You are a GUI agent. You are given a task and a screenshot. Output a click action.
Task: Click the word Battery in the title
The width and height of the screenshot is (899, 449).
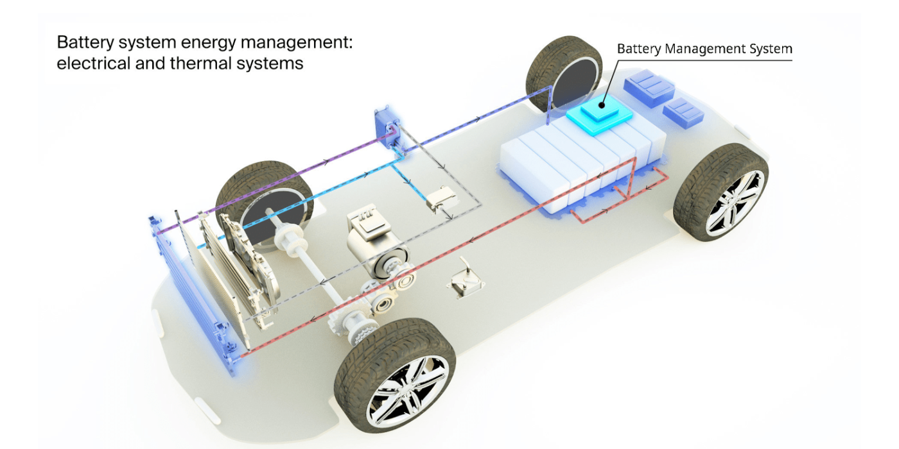79,43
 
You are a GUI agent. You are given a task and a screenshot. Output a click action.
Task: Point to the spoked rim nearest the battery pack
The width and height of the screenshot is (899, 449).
736,201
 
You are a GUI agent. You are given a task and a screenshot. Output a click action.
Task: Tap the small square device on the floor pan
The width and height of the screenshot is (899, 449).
467,281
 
